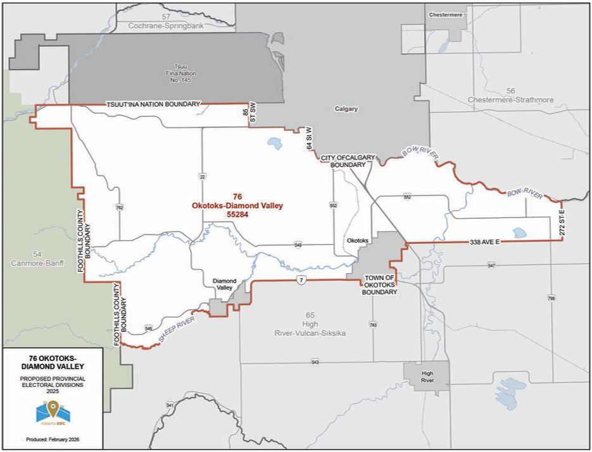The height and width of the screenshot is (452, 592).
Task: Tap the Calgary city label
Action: click(346, 109)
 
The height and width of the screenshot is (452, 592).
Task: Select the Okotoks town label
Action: click(358, 241)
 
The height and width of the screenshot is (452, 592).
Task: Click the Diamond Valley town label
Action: click(224, 284)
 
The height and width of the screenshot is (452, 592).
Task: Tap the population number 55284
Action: click(237, 215)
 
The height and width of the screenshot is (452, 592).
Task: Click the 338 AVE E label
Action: click(485, 242)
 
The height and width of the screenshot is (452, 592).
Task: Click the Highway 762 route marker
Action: click(118, 207)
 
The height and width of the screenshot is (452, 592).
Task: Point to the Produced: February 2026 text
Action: click(53, 438)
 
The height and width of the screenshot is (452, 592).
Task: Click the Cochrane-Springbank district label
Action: click(166, 25)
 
